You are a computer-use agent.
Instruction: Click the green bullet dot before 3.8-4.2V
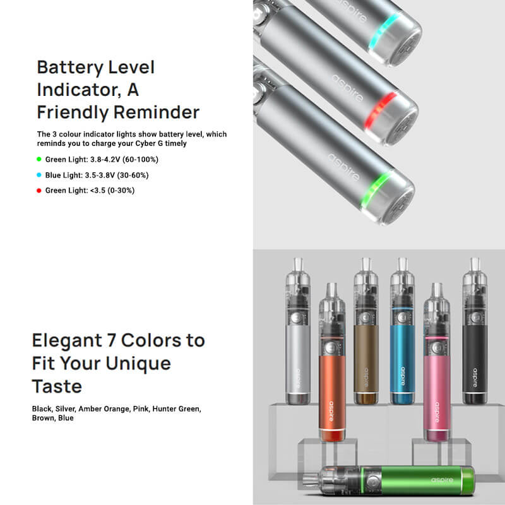click(x=39, y=159)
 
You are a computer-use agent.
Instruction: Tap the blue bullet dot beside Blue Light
click(x=39, y=175)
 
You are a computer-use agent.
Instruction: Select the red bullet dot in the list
click(x=39, y=191)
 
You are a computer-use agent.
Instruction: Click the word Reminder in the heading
click(x=157, y=112)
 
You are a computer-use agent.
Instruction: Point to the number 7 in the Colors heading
click(x=112, y=340)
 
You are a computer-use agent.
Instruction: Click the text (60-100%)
click(x=140, y=160)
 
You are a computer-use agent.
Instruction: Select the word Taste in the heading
click(x=57, y=386)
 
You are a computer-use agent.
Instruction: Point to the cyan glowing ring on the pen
click(x=385, y=32)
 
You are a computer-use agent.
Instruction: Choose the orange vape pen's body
click(x=332, y=393)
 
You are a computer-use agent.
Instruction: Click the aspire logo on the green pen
click(x=442, y=480)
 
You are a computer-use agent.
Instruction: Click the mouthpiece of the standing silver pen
click(x=298, y=264)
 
